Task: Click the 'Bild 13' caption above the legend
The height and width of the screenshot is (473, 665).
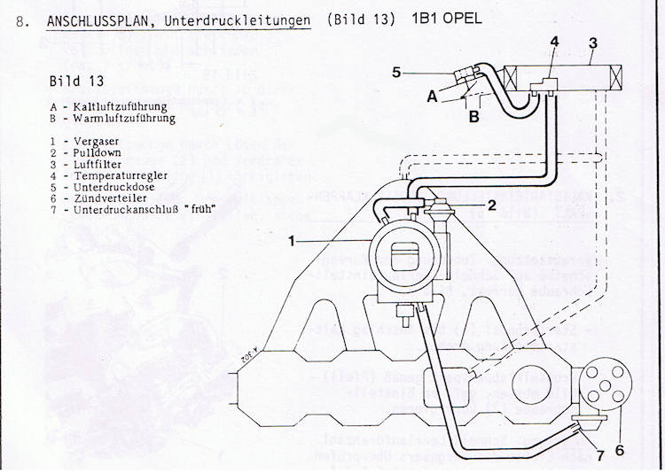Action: pyautogui.click(x=78, y=81)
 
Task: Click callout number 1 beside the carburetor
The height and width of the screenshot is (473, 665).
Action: pyautogui.click(x=292, y=240)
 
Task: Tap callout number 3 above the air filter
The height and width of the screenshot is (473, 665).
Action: pyautogui.click(x=593, y=42)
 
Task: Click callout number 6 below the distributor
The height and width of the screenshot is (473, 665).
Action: pyautogui.click(x=620, y=449)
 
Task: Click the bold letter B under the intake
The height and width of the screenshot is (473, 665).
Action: pyautogui.click(x=473, y=115)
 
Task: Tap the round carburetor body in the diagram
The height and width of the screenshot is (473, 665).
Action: pyautogui.click(x=403, y=256)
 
